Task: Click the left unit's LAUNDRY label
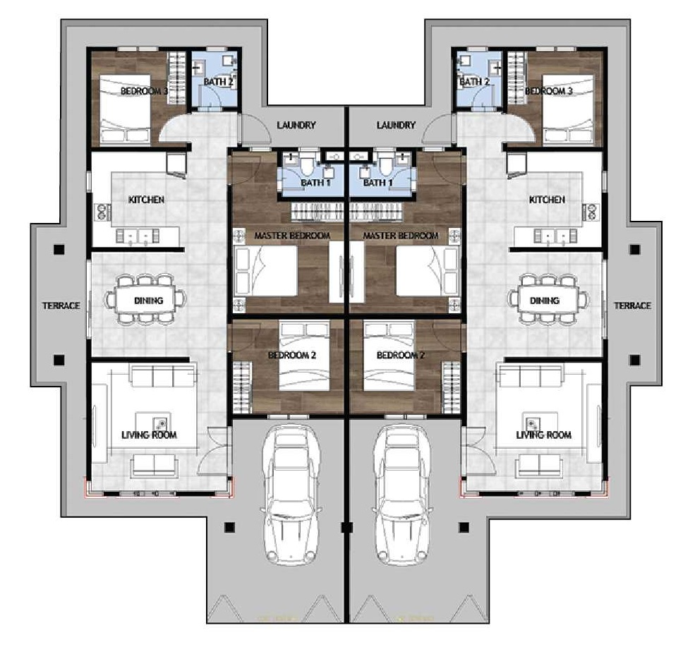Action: [x=296, y=126]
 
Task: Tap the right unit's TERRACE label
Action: [x=632, y=306]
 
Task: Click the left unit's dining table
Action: [x=148, y=300]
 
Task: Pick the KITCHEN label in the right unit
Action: [x=547, y=200]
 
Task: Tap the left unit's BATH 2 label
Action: [x=218, y=82]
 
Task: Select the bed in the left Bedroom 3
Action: [x=125, y=109]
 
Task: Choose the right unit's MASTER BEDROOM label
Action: [x=401, y=236]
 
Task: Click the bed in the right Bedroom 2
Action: [x=389, y=357]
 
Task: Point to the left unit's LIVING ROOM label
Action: [x=149, y=435]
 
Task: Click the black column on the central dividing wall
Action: [x=347, y=527]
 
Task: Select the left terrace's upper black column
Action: [x=59, y=250]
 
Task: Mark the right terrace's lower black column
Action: [x=635, y=360]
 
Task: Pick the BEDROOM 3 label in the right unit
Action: [x=549, y=91]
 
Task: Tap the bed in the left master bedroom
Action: [x=265, y=271]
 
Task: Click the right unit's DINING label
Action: [x=544, y=301]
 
